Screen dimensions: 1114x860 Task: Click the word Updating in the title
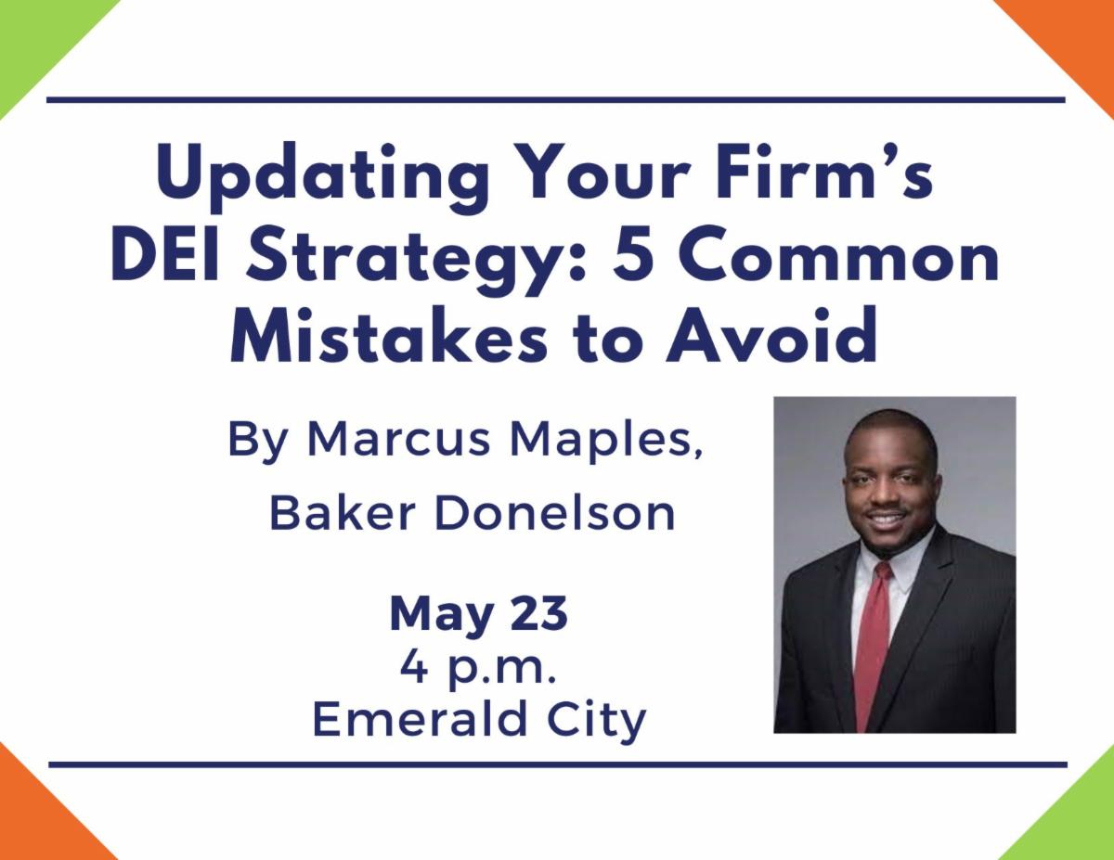(x=322, y=175)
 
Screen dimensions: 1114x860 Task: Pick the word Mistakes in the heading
(x=389, y=336)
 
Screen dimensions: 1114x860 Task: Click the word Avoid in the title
(x=771, y=336)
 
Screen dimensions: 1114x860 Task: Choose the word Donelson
(x=554, y=514)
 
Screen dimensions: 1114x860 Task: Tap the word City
(x=596, y=722)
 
